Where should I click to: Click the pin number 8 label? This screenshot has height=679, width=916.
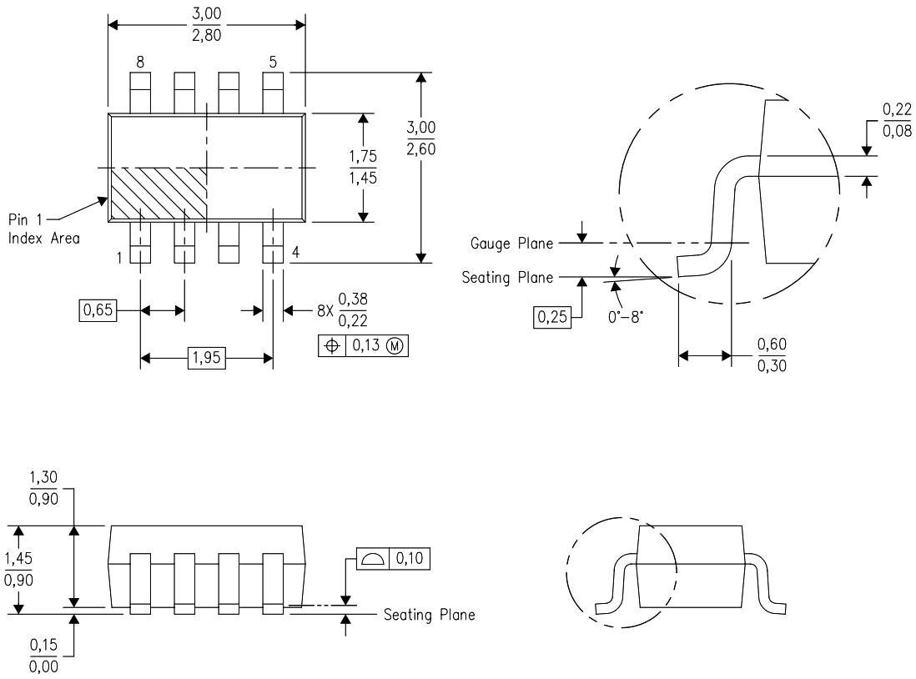point(139,62)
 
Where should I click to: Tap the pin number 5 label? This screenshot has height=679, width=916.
point(273,62)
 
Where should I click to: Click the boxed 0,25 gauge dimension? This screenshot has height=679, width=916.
point(552,318)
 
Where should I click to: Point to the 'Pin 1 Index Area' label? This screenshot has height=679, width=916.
point(45,229)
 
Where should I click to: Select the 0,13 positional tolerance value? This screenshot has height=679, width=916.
point(364,345)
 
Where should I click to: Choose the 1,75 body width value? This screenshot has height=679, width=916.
point(362,154)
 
